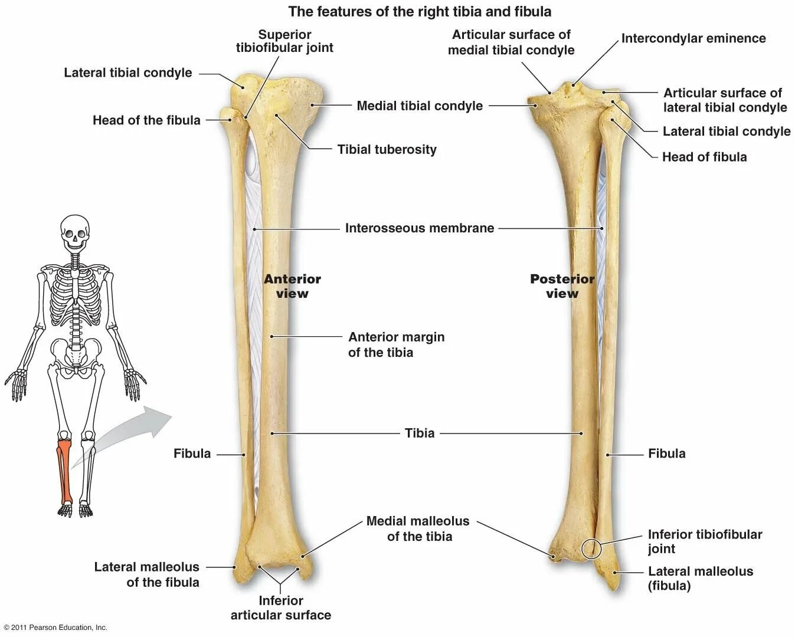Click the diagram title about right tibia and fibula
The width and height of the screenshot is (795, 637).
[x=420, y=11]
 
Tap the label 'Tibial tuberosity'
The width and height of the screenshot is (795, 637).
[x=387, y=149]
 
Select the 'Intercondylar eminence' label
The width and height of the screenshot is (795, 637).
[x=693, y=38]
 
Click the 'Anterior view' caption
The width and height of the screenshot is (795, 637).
[x=292, y=286]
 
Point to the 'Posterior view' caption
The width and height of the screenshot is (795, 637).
[x=562, y=286]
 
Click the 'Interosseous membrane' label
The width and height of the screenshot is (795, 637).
[x=419, y=228]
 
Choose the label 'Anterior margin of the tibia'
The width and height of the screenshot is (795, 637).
[x=396, y=344]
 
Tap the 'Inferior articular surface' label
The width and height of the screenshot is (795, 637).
[x=280, y=608]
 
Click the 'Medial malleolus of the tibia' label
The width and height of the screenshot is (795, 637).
[x=418, y=528]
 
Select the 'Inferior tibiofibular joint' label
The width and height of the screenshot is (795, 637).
[x=705, y=541]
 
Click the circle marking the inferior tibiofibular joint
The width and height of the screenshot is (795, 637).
[x=591, y=549]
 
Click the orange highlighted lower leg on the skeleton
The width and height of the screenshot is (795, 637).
[x=64, y=472]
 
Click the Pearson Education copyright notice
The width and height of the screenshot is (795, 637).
[x=55, y=628]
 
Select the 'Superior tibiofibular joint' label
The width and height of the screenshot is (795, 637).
[x=284, y=41]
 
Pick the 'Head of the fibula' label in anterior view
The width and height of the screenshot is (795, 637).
[x=146, y=120]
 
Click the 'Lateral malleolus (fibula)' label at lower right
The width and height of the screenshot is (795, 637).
[x=700, y=578]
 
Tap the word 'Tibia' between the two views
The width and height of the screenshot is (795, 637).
[x=420, y=433]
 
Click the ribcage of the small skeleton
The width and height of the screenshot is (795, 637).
[x=75, y=289]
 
